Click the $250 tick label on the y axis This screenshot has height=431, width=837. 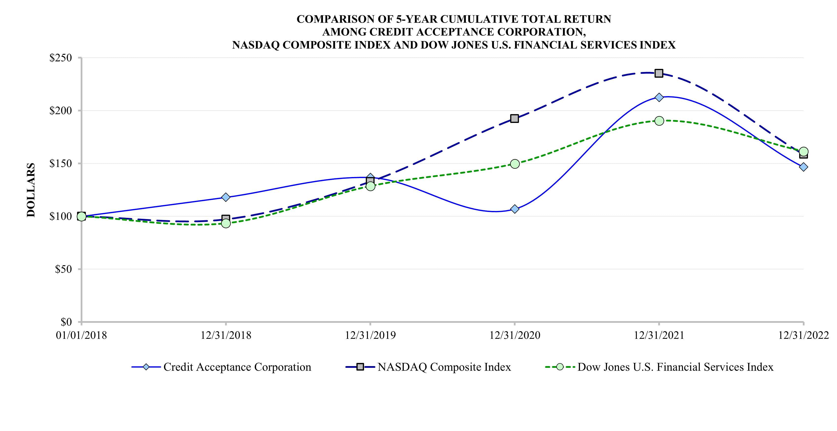[61, 58]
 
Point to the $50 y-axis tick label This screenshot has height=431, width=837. [63, 269]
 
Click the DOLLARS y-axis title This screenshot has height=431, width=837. [31, 190]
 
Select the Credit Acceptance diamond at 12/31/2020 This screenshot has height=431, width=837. [515, 209]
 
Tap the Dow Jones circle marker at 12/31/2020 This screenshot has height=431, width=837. [515, 164]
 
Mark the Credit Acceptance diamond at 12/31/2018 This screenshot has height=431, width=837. [226, 197]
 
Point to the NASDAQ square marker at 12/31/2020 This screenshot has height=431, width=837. [514, 119]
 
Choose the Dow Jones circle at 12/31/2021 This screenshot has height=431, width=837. [659, 121]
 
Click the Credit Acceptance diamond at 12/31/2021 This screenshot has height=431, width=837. [659, 97]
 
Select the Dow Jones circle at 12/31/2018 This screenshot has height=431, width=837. [226, 223]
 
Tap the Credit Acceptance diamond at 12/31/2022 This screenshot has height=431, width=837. [803, 167]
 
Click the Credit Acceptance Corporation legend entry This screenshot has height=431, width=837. [237, 367]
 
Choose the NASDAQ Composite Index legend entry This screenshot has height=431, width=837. [444, 367]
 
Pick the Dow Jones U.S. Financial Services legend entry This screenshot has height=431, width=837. [675, 367]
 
